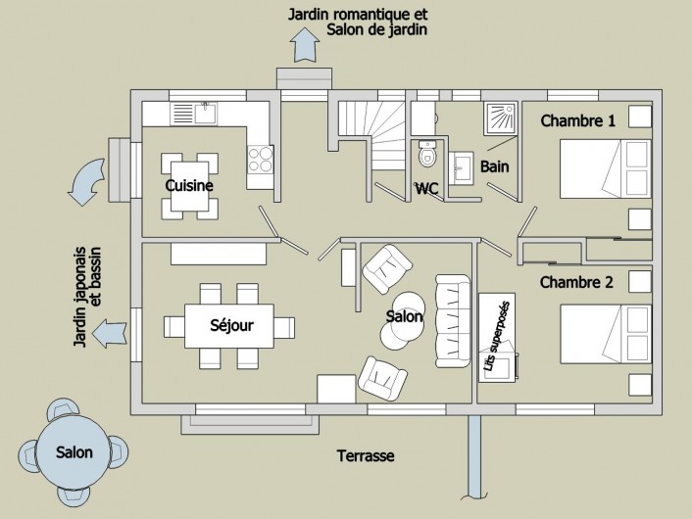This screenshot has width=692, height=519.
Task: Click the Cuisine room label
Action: click(x=189, y=185)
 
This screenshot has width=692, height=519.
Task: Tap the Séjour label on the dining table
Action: click(x=233, y=325)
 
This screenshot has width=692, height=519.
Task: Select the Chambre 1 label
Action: click(x=578, y=121)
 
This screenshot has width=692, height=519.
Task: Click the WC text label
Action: click(x=426, y=188)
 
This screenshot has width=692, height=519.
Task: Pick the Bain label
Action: click(x=494, y=167)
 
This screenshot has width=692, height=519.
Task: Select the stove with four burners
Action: click(x=260, y=160)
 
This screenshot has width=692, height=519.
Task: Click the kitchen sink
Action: click(x=205, y=114)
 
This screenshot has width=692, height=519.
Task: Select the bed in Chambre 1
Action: click(x=604, y=169)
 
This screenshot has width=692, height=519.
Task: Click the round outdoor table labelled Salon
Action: click(x=74, y=451)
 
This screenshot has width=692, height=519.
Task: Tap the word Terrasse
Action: click(x=365, y=456)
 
